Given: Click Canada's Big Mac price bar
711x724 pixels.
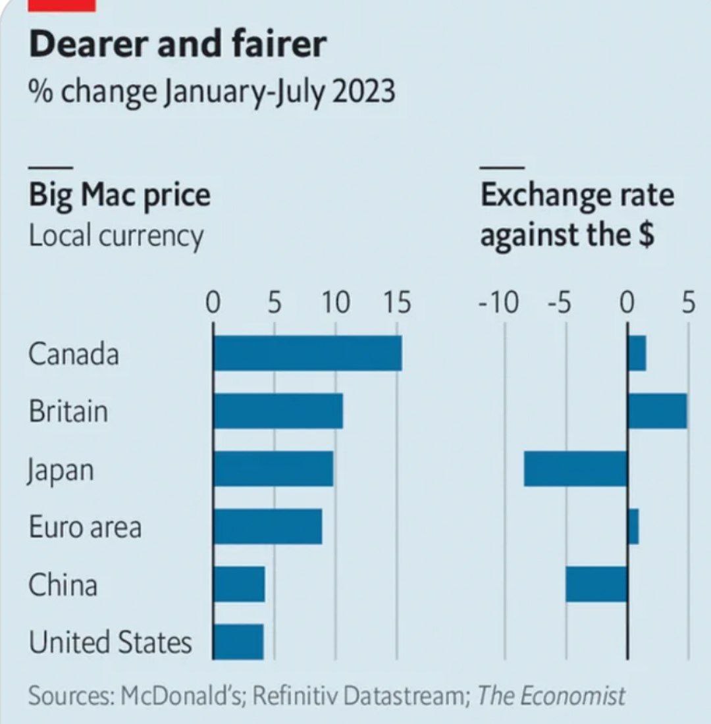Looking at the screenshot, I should [307, 353].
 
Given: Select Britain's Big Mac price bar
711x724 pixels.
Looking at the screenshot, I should [278, 411].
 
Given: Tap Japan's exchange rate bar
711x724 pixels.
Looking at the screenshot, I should [575, 469].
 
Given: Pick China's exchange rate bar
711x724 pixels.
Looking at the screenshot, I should [596, 584].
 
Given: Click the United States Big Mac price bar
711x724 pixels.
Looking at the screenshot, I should [238, 642].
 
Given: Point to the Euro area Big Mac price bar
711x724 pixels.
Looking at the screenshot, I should [267, 527].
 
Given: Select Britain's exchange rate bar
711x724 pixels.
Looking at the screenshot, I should [657, 411].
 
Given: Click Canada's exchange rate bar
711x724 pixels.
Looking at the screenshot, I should [637, 353].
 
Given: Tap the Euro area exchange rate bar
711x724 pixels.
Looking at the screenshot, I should [633, 527].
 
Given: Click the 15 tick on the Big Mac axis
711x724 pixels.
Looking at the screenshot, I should [395, 304].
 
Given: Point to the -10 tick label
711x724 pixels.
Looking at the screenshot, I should [499, 304].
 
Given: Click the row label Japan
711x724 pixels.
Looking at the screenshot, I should [61, 470].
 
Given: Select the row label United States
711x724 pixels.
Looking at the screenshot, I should [110, 642].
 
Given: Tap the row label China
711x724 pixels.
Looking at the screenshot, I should [63, 585].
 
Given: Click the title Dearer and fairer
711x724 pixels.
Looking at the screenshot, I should [178, 45].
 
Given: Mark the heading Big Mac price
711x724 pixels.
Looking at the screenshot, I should [119, 195].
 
